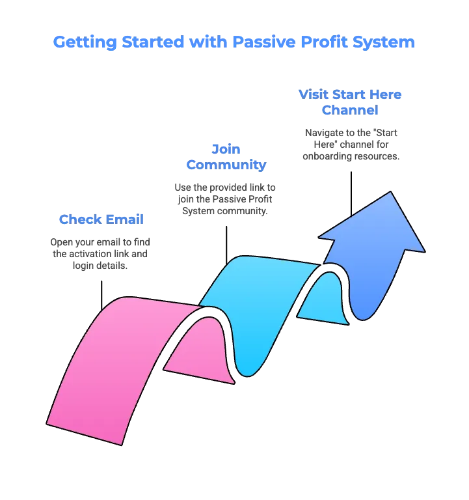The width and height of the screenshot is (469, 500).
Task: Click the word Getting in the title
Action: pos(85,42)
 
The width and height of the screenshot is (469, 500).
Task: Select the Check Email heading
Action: pos(101,219)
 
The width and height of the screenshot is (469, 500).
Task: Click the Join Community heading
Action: pos(226,157)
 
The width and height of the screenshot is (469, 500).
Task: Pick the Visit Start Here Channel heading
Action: pos(350,102)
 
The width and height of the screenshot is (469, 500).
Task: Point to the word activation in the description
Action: pos(90,254)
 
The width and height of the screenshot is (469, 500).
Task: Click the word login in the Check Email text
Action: pos(83,266)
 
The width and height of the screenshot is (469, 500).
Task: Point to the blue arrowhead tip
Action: pos(391,191)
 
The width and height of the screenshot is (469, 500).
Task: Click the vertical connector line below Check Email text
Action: pos(101,296)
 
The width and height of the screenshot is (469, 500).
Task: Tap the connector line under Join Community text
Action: pos(226,245)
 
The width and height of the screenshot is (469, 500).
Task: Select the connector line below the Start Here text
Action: pos(351,194)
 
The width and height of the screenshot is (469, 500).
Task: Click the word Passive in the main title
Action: pos(264,42)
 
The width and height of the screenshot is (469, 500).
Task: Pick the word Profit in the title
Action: pos(324,42)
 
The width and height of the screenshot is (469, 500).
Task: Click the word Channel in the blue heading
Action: pos(350,110)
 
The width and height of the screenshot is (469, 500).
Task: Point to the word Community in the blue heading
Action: pos(226,165)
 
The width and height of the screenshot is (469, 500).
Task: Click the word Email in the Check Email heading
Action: pos(125,219)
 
